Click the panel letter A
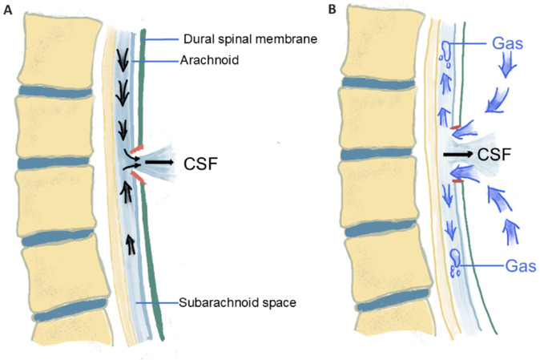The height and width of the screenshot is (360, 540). click(7, 12)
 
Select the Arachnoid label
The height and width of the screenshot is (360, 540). click(210, 59)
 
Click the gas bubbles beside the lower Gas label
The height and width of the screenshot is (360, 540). click(457, 262)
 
